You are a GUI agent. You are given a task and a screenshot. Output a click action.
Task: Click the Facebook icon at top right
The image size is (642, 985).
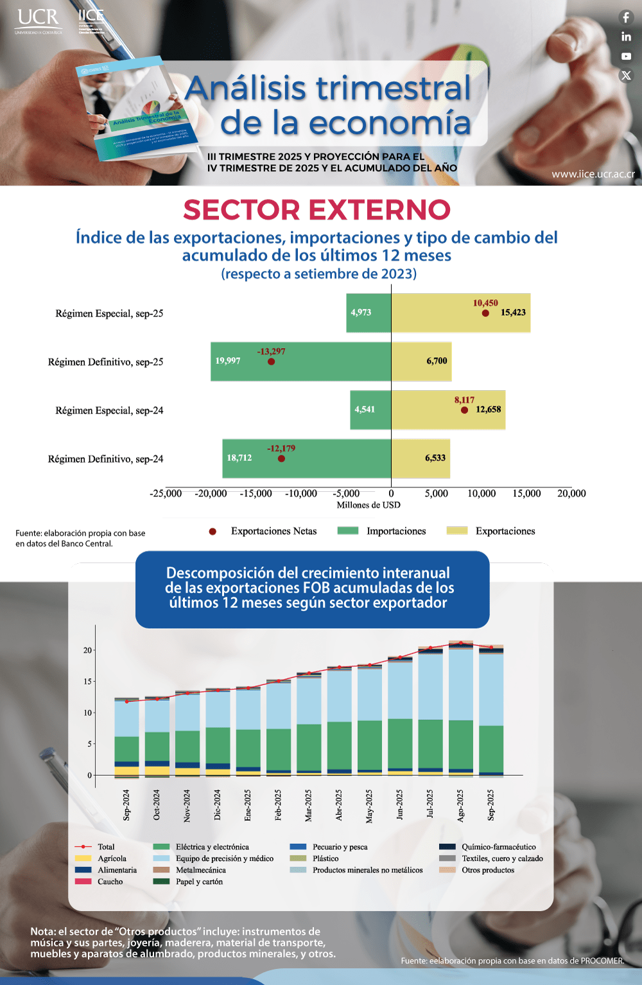click(x=626, y=17)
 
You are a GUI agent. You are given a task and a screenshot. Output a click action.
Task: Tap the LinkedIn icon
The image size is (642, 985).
click(x=626, y=37)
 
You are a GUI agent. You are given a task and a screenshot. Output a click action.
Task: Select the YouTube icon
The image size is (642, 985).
click(x=626, y=57)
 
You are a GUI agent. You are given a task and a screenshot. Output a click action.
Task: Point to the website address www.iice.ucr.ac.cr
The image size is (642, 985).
click(x=593, y=174)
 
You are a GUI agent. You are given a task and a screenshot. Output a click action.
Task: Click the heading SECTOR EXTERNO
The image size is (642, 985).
click(x=317, y=210)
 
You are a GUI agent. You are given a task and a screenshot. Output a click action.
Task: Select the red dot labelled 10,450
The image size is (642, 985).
click(x=485, y=313)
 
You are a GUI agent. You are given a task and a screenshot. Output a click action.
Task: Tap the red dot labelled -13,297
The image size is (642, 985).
click(x=271, y=362)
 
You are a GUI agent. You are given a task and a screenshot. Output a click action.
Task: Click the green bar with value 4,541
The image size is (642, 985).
click(x=370, y=410)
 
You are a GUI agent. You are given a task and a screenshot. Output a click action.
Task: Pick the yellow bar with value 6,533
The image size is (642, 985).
click(x=421, y=458)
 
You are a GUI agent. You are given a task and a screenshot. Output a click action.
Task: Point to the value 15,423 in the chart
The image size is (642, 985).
click(x=513, y=313)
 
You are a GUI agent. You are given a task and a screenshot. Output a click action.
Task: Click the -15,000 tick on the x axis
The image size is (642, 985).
click(x=256, y=494)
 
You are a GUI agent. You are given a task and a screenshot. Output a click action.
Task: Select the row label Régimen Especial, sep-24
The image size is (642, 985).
click(x=109, y=410)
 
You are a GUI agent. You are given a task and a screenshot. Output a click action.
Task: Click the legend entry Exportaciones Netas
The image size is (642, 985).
click(x=273, y=531)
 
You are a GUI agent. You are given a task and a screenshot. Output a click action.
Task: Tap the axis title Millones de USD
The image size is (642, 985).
click(x=369, y=505)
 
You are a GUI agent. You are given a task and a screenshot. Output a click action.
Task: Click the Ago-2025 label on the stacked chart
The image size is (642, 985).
click(x=460, y=805)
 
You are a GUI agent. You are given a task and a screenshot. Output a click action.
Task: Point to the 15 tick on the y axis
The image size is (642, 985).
click(x=87, y=681)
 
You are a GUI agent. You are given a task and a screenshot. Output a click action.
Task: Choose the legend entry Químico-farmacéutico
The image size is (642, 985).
click(x=498, y=847)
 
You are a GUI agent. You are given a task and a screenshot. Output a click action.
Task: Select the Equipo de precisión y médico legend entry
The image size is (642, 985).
click(x=224, y=859)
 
